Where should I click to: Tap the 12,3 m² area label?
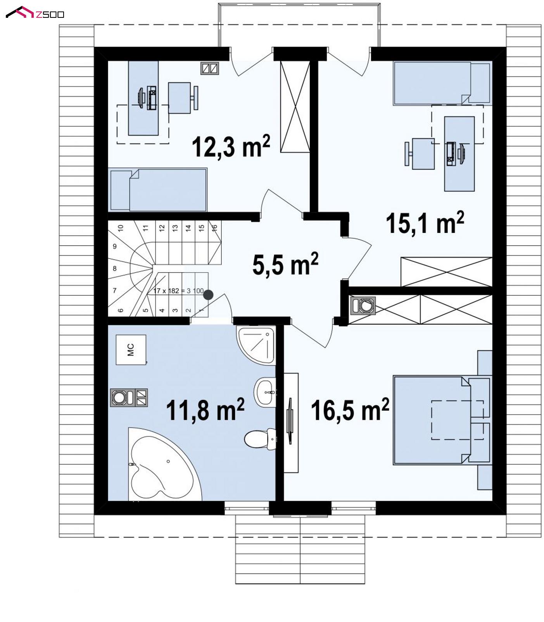(231, 146)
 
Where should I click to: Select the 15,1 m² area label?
(425, 222)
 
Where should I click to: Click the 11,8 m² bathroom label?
(205, 410)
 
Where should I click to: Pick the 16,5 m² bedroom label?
(350, 410)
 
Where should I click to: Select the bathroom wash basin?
(265, 391)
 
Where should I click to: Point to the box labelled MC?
(131, 350)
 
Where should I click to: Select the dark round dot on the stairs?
(208, 295)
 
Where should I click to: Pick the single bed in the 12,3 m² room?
(158, 190)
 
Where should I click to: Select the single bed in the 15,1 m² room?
(442, 83)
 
